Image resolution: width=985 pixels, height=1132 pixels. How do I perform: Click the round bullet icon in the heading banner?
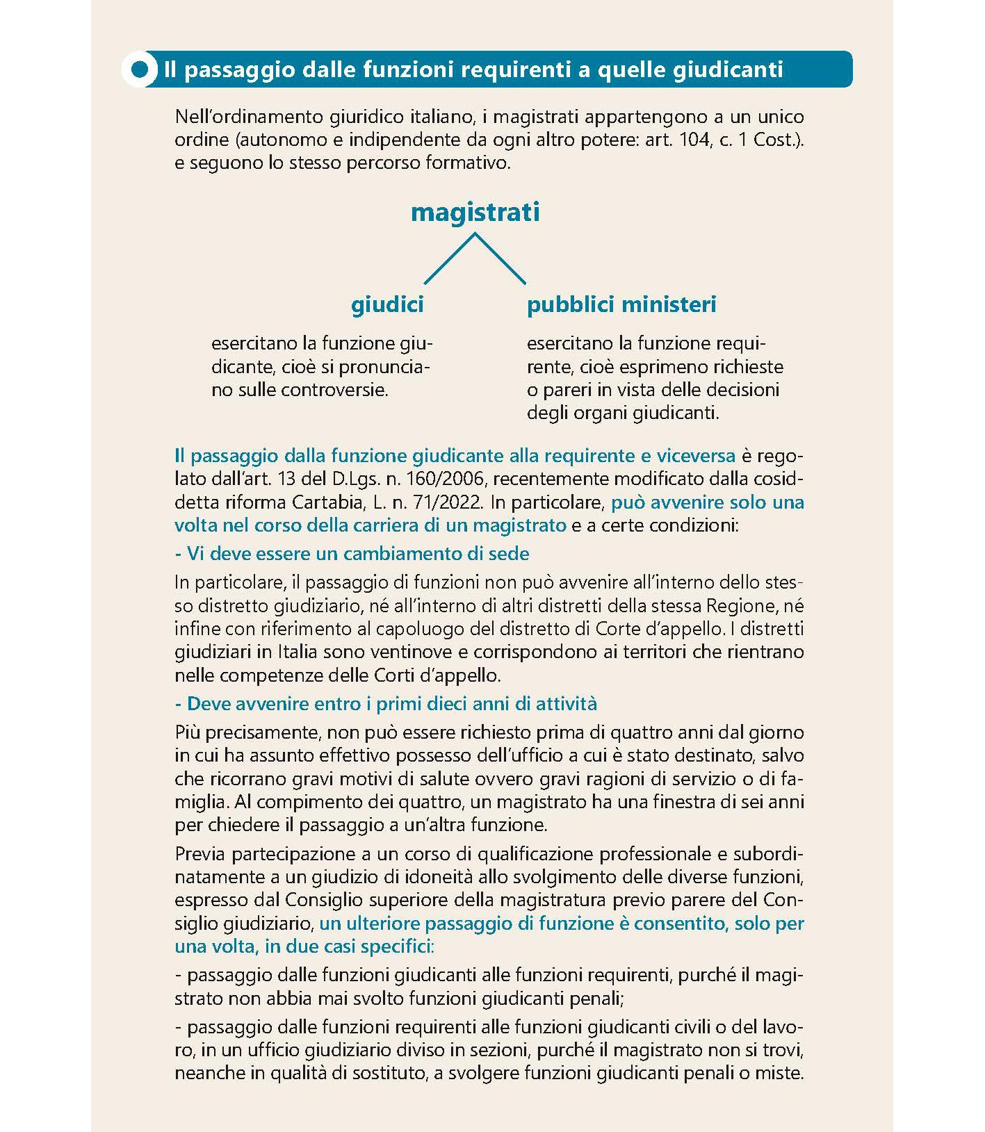click(x=140, y=69)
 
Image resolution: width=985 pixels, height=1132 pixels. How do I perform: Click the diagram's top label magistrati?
click(x=475, y=212)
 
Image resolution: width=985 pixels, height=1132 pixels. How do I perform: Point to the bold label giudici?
click(x=387, y=304)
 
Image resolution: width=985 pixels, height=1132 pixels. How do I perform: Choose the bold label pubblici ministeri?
click(x=621, y=304)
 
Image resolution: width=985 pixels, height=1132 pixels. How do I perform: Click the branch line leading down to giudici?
click(x=449, y=259)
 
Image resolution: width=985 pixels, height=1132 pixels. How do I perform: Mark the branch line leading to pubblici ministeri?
click(x=500, y=259)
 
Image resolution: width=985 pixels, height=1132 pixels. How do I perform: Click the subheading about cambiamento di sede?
click(x=352, y=553)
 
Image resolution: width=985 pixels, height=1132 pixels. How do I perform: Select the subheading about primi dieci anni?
click(x=386, y=703)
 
